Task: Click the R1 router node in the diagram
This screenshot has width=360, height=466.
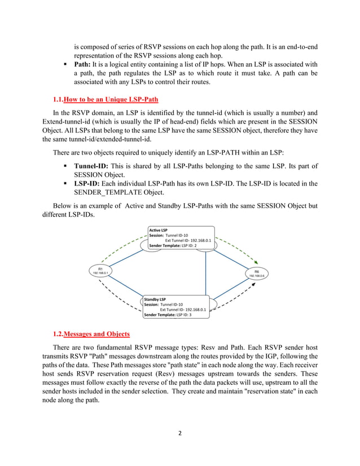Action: [100, 271]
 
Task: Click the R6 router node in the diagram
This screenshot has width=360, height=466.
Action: [256, 273]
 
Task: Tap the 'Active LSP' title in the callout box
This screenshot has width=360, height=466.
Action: [159, 230]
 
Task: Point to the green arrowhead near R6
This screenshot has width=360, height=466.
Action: [258, 262]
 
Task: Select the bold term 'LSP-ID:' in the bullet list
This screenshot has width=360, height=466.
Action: [88, 183]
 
